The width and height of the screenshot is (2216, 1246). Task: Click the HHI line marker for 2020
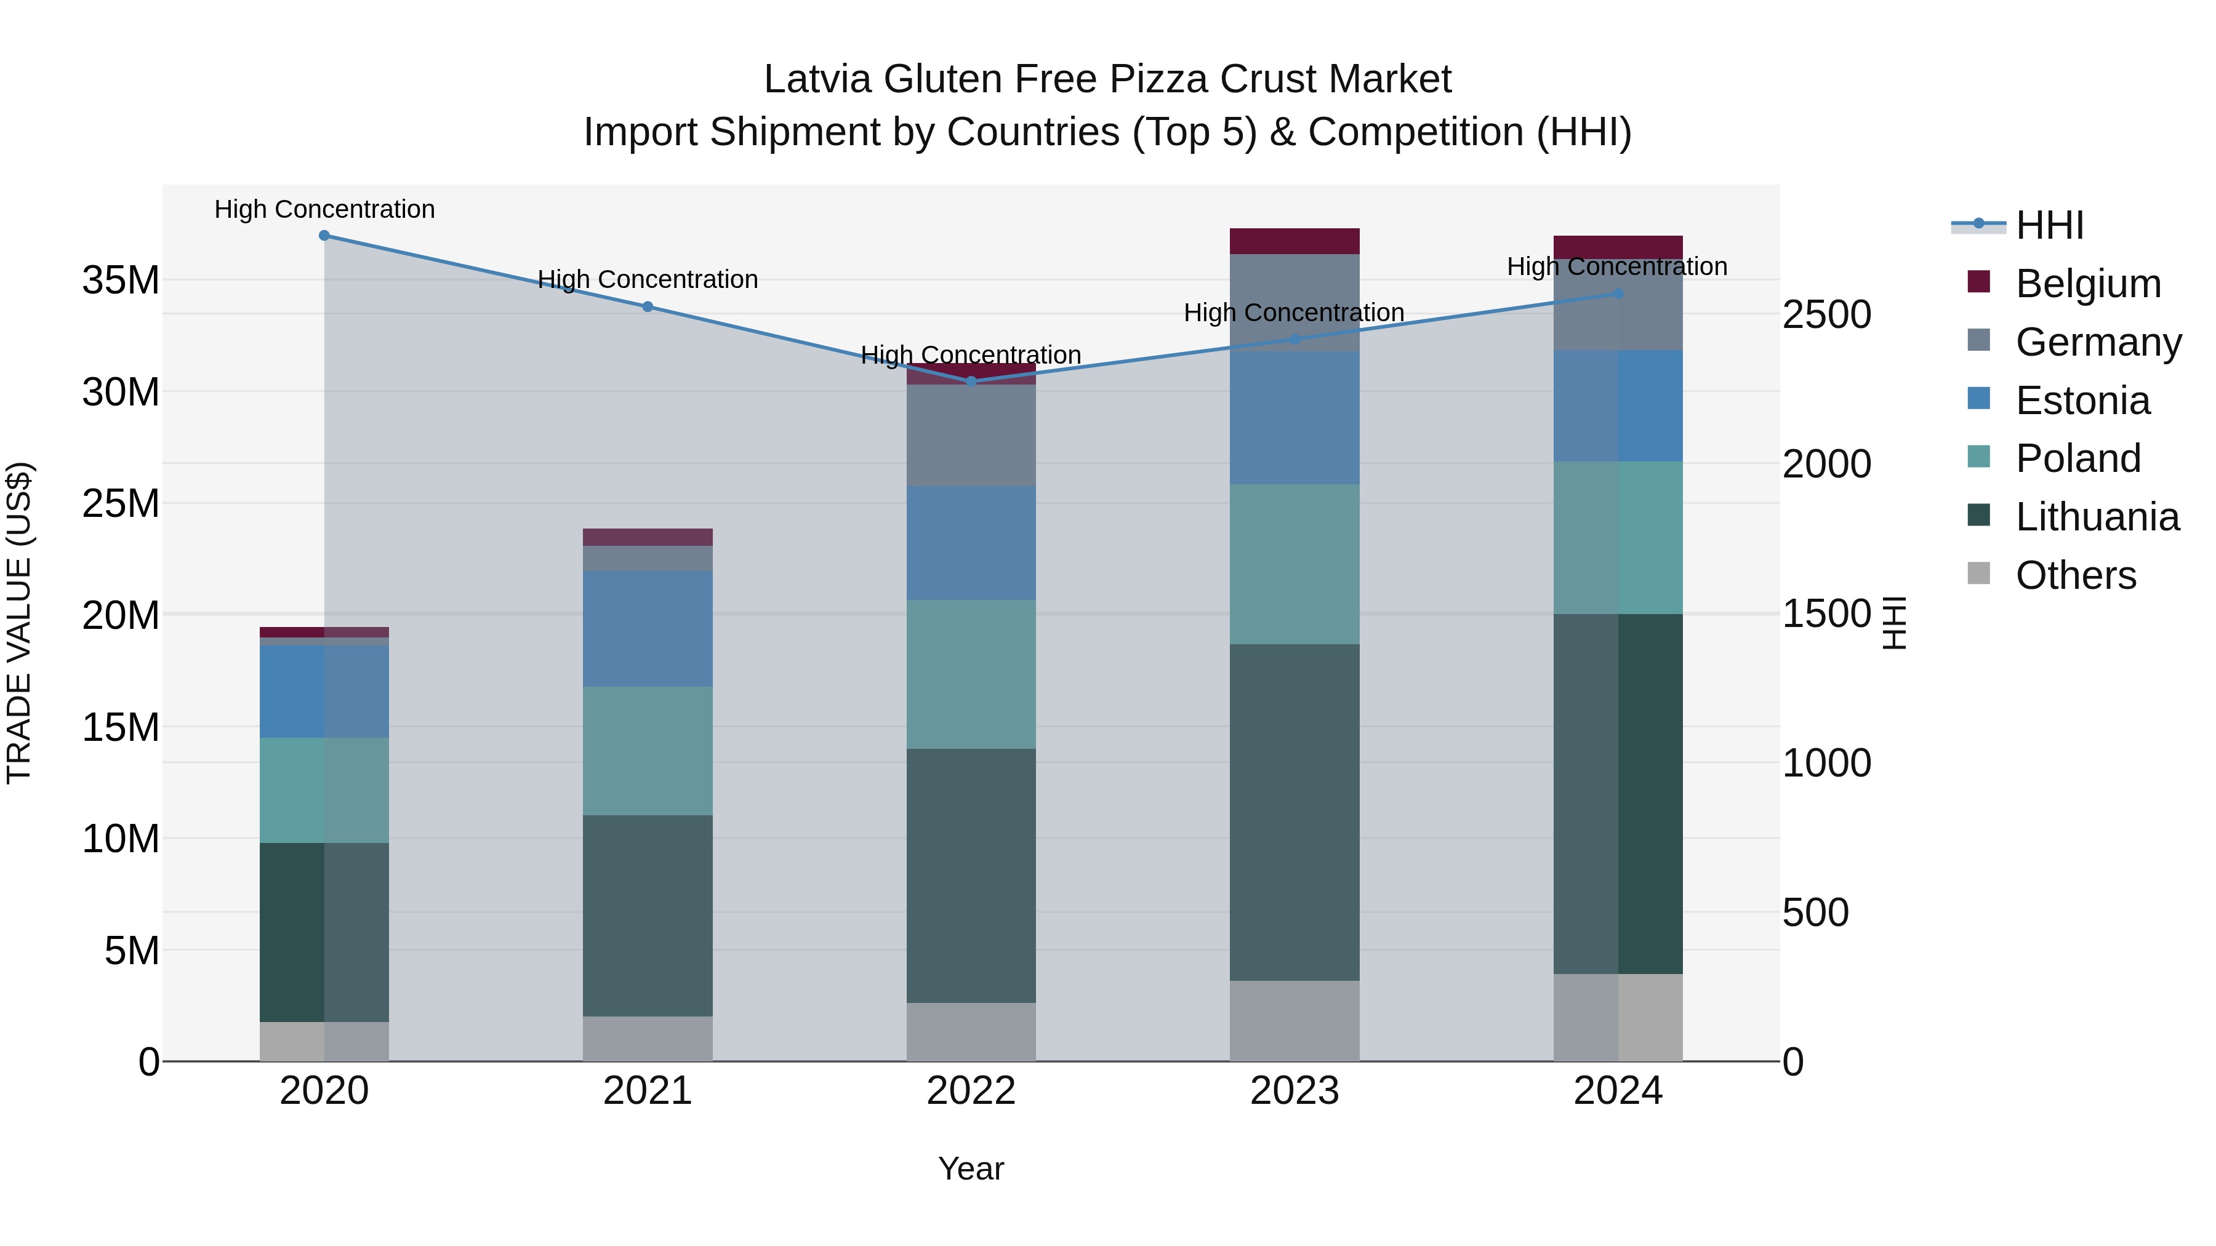point(324,236)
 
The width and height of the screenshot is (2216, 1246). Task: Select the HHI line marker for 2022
point(971,381)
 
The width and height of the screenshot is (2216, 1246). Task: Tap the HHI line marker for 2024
point(1617,294)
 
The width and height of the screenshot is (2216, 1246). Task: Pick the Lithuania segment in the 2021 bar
point(647,916)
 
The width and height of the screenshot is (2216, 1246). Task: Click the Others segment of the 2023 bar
point(1294,1021)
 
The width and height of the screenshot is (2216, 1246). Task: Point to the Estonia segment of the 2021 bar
point(647,629)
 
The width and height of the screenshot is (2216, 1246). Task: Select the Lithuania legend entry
point(2097,517)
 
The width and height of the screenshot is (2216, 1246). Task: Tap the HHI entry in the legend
point(2049,225)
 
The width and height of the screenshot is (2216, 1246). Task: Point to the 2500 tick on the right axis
point(1826,314)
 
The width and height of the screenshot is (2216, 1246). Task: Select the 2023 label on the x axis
point(1294,1091)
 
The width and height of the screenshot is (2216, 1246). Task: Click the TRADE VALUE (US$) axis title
point(20,623)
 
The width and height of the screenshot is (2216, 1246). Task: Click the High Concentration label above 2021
point(647,279)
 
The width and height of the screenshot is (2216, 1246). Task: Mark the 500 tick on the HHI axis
point(1815,913)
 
